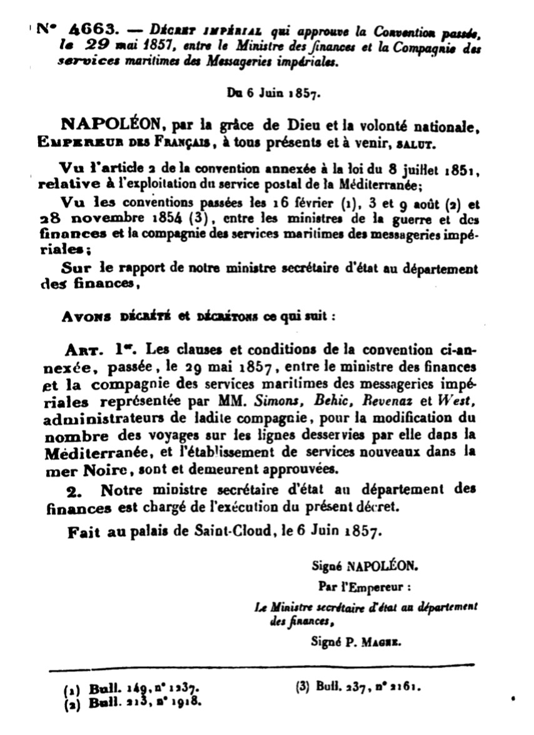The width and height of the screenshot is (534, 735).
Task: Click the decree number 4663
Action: pyautogui.click(x=92, y=29)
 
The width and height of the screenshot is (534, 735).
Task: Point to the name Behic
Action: pyautogui.click(x=330, y=400)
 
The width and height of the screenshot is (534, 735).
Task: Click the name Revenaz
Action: pyautogui.click(x=384, y=400)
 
